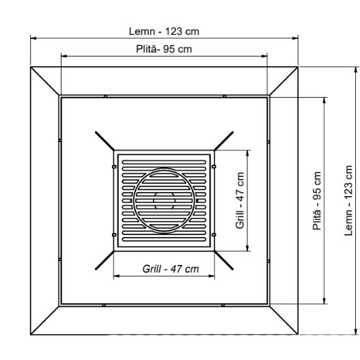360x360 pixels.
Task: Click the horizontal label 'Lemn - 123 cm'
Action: click(164, 31)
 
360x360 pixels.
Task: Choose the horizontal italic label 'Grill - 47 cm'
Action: click(171, 268)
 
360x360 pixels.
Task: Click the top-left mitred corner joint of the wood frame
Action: click(45, 82)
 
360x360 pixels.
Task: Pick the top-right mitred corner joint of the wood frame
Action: click(283, 82)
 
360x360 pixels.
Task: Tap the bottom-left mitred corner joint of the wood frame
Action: click(45, 319)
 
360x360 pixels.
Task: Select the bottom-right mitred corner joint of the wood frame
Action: click(283, 319)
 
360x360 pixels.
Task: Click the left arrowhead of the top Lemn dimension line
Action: click(32, 38)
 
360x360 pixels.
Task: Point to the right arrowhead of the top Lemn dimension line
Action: click(296, 38)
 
